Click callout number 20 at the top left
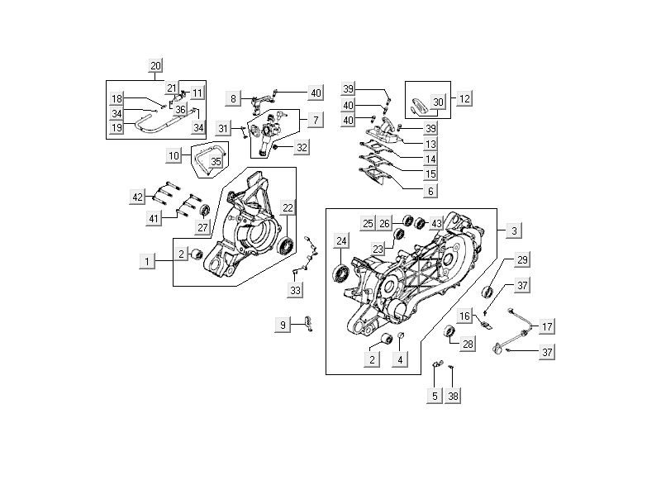(x=155, y=65)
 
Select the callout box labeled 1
(x=147, y=261)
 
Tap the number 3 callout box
(x=514, y=230)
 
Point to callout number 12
(x=465, y=98)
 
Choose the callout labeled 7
(x=315, y=120)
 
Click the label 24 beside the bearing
(x=340, y=240)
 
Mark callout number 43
(x=436, y=224)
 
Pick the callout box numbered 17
(x=546, y=326)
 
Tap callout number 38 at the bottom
(x=453, y=396)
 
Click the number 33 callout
(x=295, y=290)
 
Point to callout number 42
(x=137, y=196)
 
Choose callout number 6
(x=430, y=191)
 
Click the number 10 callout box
(x=174, y=155)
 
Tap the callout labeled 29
(x=522, y=260)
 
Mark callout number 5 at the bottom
(x=435, y=396)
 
